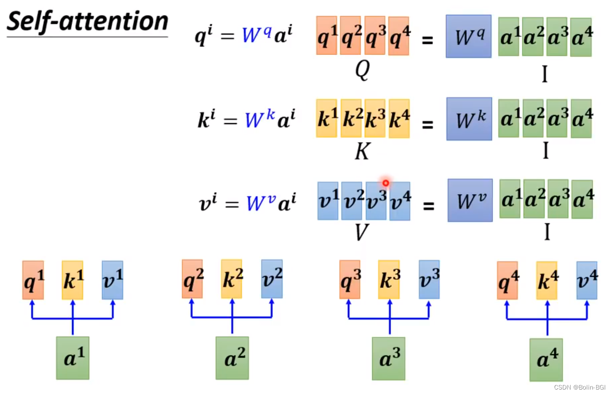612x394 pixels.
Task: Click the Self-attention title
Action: (x=88, y=22)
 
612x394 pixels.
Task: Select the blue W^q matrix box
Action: (x=468, y=37)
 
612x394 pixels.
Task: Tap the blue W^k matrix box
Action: (x=469, y=119)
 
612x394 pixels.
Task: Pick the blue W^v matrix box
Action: (x=470, y=200)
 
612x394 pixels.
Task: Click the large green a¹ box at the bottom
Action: (x=72, y=358)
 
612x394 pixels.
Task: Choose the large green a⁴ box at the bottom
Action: (x=546, y=359)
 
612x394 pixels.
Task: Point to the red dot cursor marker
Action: (x=386, y=183)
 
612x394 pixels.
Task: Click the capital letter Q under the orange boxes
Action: (x=362, y=69)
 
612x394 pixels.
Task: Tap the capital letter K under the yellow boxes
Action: (x=362, y=151)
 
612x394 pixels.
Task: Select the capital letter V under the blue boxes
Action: (x=362, y=232)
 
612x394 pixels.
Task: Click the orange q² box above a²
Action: (x=192, y=279)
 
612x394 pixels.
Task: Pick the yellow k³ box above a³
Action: (x=389, y=280)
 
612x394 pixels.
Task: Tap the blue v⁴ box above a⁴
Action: (x=587, y=280)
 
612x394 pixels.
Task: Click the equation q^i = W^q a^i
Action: (x=244, y=36)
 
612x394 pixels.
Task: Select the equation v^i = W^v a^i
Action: (x=247, y=203)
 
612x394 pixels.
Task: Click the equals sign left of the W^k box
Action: (x=427, y=124)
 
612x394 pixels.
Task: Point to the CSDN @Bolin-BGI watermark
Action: (x=580, y=387)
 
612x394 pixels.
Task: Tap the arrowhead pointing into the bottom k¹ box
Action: (x=73, y=303)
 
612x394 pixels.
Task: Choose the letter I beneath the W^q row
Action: (x=544, y=74)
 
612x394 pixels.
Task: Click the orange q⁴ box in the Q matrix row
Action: (x=399, y=36)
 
